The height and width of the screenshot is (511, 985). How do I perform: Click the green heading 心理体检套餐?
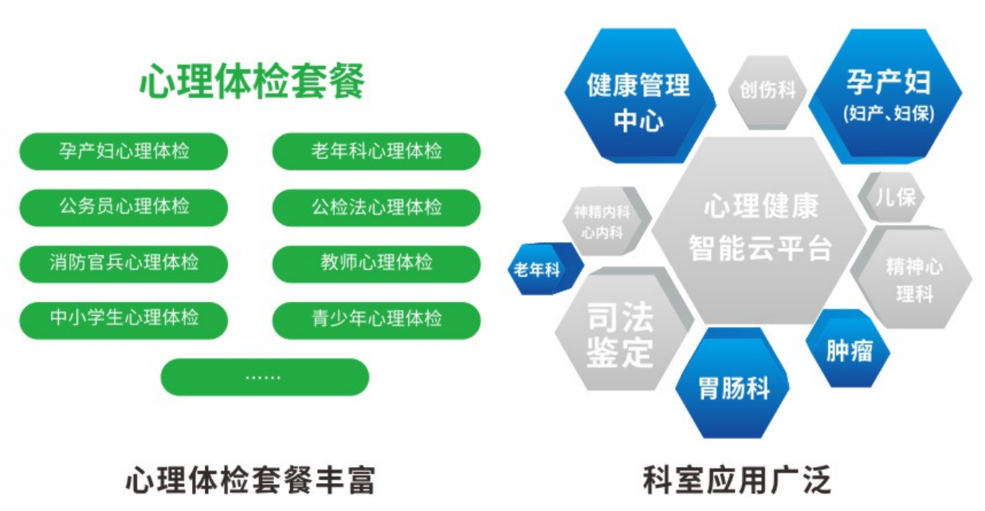coord(252,81)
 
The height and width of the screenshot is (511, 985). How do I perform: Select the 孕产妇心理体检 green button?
coord(124,151)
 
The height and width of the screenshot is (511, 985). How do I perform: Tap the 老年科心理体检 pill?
coord(376,151)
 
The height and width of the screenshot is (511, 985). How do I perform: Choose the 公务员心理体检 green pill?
coord(124,207)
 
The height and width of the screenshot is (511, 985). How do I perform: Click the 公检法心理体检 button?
coord(376,207)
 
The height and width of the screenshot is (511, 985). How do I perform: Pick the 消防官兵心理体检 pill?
coord(124,264)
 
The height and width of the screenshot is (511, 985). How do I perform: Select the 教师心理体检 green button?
coord(376,264)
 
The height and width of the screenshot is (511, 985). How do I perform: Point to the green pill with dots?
coord(265,377)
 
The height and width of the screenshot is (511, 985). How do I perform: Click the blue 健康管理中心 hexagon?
coord(640,96)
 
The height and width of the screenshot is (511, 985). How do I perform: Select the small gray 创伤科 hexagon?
coord(767,91)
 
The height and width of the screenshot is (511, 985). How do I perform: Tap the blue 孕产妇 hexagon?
coord(886,96)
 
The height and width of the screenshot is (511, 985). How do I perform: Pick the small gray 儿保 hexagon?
coord(892,197)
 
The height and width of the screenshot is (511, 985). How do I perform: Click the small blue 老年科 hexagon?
coord(545,269)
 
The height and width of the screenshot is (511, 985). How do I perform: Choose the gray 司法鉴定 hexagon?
coord(623,330)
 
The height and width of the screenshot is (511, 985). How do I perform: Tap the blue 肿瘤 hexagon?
coord(848,348)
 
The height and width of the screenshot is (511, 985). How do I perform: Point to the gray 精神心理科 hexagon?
coord(912,278)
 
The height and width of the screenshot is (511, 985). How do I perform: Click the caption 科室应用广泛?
coord(736,480)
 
